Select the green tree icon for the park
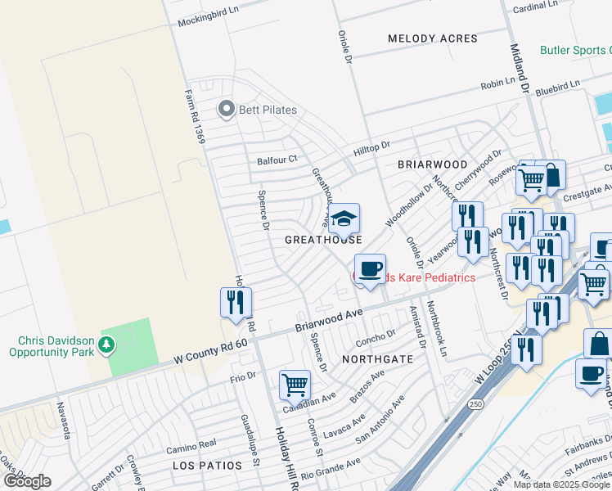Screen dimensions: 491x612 pyautogui.click(x=106, y=345)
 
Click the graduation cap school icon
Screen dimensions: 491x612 pyautogui.click(x=344, y=218)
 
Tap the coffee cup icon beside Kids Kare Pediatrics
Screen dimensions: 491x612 pyautogui.click(x=370, y=269)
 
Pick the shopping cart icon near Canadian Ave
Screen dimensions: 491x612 pyautogui.click(x=294, y=384)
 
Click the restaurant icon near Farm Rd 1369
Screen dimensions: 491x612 pyautogui.click(x=236, y=303)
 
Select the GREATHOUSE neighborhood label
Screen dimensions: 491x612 pyautogui.click(x=323, y=240)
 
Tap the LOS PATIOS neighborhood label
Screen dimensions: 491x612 pyautogui.click(x=207, y=465)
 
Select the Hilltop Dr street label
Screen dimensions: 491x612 pyautogui.click(x=371, y=146)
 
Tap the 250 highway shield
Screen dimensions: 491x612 pyautogui.click(x=474, y=404)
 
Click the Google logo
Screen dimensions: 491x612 pyautogui.click(x=27, y=480)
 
